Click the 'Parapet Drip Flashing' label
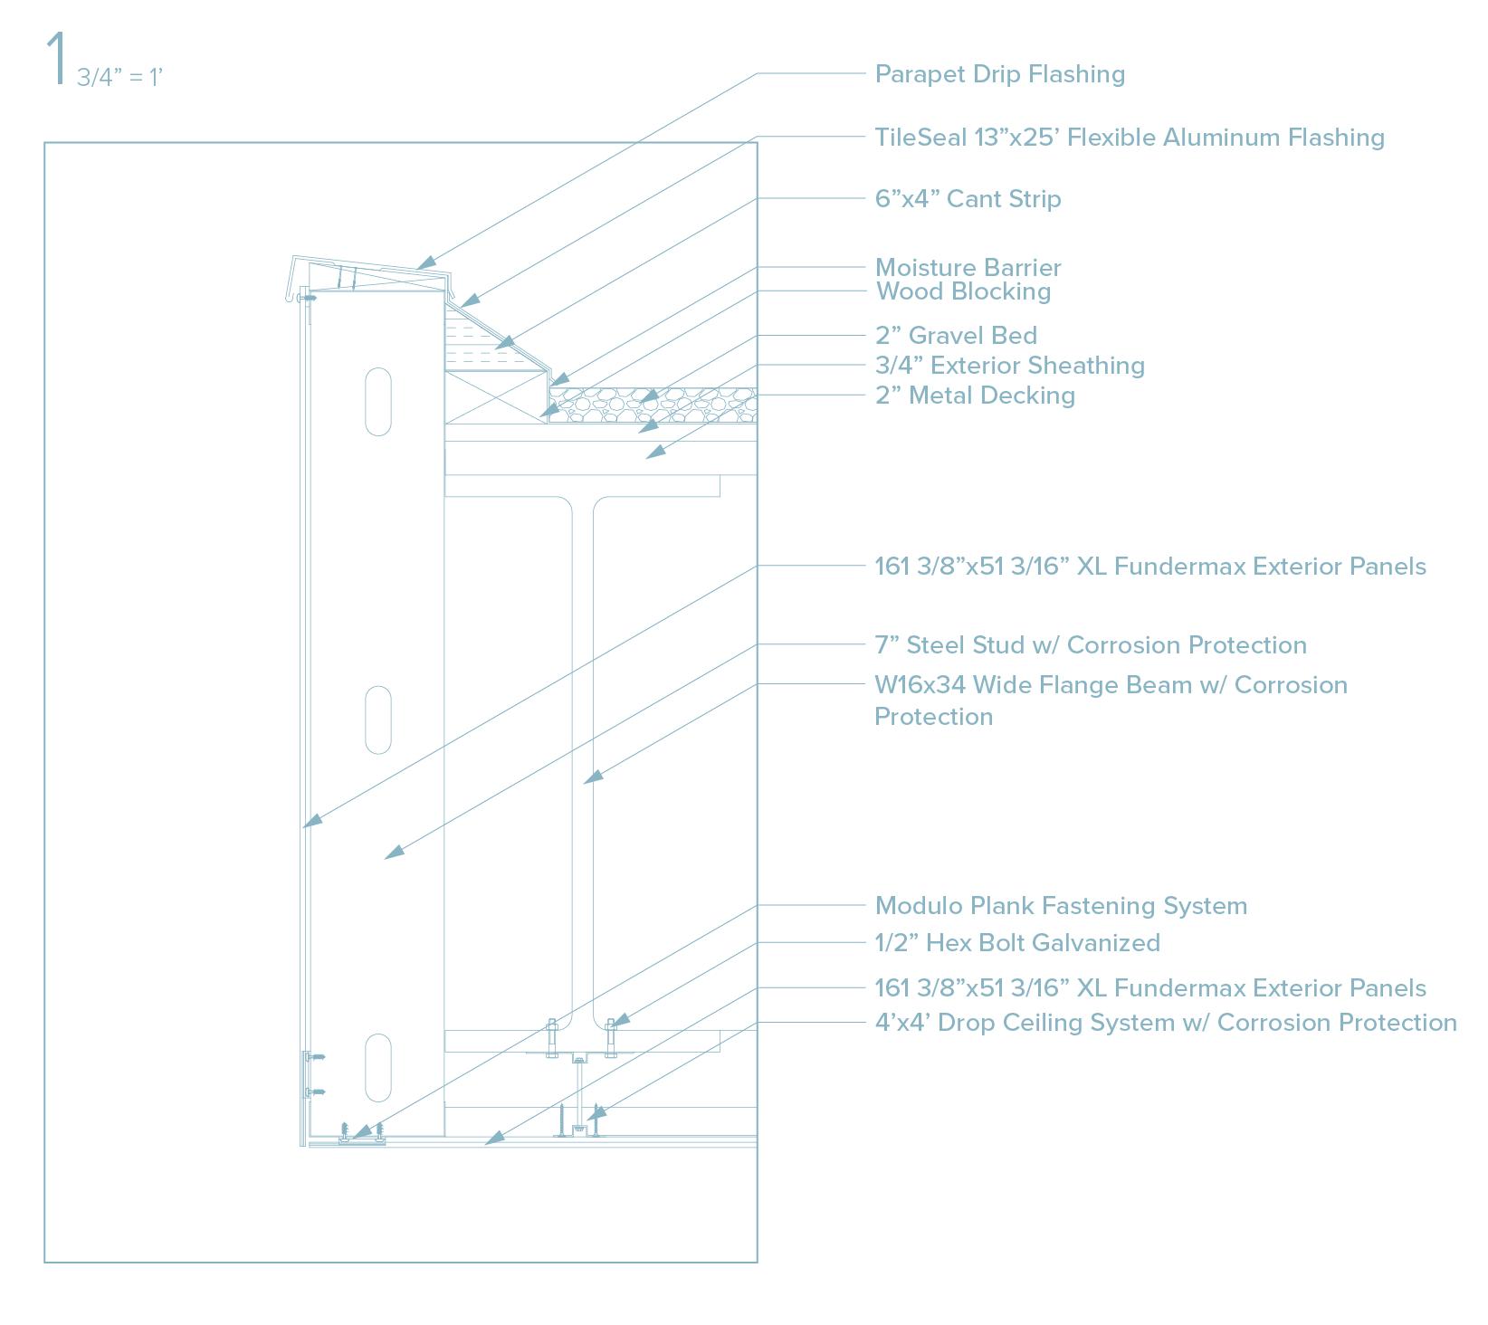click(x=999, y=74)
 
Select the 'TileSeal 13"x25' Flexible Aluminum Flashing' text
click(x=1129, y=138)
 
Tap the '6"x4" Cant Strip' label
click(x=968, y=199)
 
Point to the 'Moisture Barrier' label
click(x=968, y=268)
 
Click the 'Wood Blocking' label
click(x=963, y=291)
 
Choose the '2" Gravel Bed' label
click(x=956, y=336)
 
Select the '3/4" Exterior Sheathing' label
click(x=1009, y=366)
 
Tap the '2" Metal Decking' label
click(x=975, y=396)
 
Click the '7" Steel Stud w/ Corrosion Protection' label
click(x=1090, y=645)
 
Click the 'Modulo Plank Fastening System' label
click(x=1061, y=906)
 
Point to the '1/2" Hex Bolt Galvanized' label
click(x=1017, y=943)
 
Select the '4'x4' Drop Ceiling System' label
click(x=1165, y=1023)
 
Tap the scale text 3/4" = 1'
click(x=119, y=78)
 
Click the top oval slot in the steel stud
click(x=378, y=401)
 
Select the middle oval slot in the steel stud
click(x=378, y=720)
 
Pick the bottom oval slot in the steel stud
click(x=378, y=1068)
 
